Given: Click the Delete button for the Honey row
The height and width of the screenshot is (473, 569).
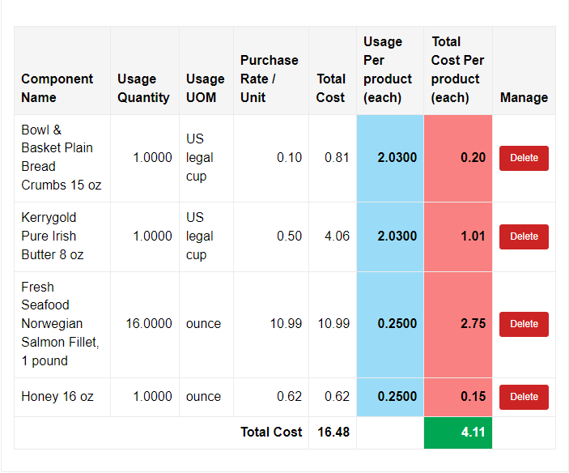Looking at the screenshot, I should click(x=524, y=397).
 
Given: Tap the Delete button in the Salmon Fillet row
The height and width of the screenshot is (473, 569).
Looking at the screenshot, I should click(x=524, y=324).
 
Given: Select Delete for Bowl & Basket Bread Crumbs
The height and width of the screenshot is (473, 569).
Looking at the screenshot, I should click(x=524, y=158).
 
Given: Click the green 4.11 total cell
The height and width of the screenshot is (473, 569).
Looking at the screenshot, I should click(x=458, y=433).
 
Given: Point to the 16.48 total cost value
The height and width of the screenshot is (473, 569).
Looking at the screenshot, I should click(x=333, y=433).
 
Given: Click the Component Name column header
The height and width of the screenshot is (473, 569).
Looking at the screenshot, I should click(x=57, y=88).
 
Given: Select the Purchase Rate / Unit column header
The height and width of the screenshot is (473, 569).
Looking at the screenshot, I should click(x=270, y=79).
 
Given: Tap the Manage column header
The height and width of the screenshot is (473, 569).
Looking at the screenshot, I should click(x=524, y=97).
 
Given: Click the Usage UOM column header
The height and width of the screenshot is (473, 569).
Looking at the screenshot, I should click(x=206, y=88).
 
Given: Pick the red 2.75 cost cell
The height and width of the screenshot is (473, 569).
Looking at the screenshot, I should click(x=458, y=324).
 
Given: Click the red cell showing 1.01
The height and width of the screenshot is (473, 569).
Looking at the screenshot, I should click(x=458, y=236).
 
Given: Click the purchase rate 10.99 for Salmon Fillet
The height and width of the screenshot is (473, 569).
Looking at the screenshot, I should click(x=286, y=324).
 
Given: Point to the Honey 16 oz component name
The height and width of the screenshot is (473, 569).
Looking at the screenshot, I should click(x=57, y=397).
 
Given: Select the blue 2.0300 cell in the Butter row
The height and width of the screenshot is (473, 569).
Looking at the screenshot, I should click(x=390, y=236).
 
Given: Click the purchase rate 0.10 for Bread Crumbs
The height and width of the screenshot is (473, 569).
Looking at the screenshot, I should click(x=289, y=158).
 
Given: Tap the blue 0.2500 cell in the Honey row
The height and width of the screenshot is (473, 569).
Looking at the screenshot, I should click(x=390, y=397).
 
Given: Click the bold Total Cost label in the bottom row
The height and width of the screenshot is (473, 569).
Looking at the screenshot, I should click(x=271, y=433).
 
